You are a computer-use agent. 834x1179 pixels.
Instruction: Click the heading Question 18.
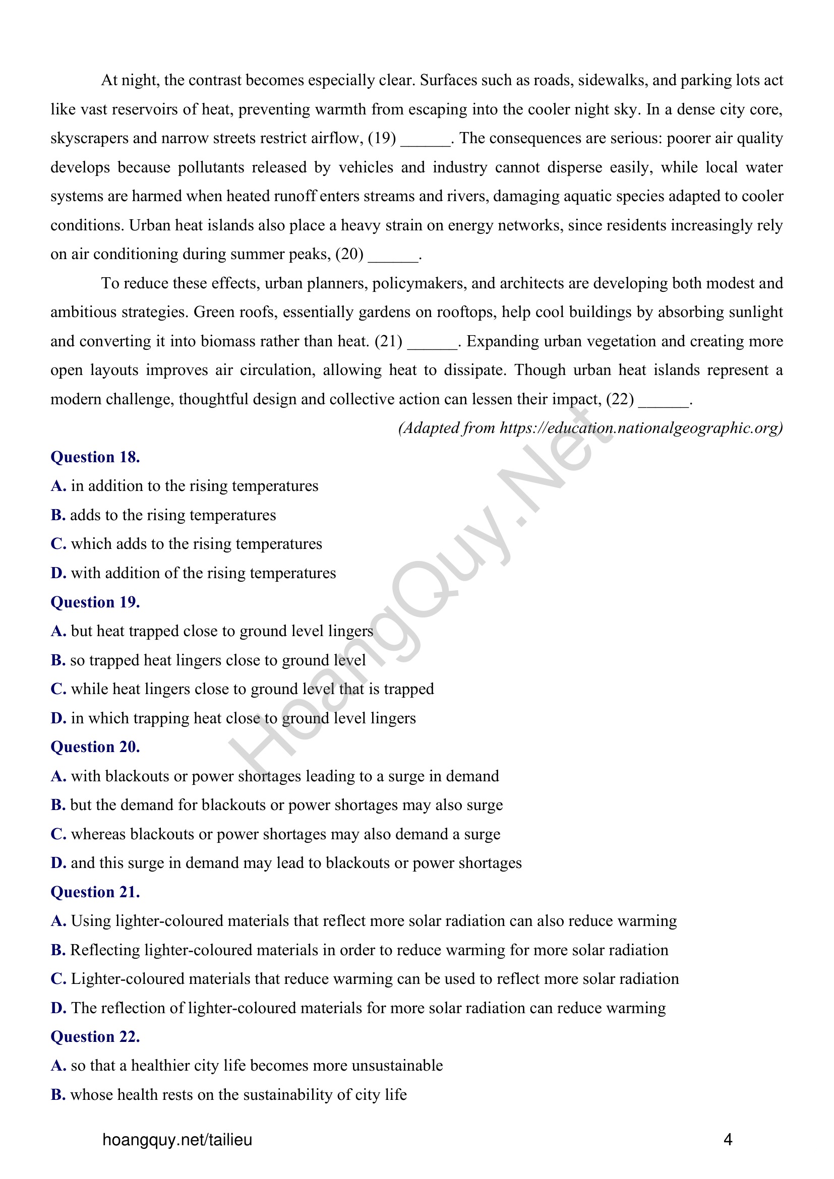point(95,457)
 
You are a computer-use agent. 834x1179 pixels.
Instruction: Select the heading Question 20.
point(95,747)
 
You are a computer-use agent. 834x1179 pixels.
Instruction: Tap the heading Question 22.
point(95,1036)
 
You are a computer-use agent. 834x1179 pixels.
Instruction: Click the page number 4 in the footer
point(727,1140)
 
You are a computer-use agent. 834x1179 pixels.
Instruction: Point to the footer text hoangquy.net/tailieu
point(177,1140)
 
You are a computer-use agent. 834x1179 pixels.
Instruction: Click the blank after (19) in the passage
point(425,140)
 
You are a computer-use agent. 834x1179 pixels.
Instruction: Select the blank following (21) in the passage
point(432,342)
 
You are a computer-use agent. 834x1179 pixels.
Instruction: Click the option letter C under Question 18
point(58,544)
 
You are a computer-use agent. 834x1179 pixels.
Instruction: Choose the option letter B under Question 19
point(57,660)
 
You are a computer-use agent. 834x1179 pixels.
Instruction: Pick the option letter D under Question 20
point(58,862)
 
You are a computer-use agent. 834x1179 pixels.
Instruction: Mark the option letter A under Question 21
point(58,921)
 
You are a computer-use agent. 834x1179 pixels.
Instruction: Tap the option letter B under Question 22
point(57,1094)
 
